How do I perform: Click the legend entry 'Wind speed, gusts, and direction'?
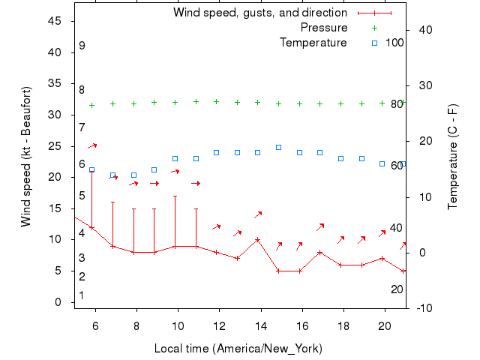(259, 13)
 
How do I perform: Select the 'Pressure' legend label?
(324, 28)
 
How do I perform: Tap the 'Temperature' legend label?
(313, 43)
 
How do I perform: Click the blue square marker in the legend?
(374, 43)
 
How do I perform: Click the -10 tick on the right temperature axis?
(423, 308)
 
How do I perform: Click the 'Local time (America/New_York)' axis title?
(238, 349)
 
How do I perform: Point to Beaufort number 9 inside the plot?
(82, 46)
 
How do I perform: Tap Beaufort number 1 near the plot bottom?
(82, 295)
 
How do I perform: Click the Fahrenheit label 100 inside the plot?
(394, 43)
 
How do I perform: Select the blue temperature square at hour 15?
(278, 147)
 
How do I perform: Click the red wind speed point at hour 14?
(257, 240)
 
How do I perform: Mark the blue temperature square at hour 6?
(92, 169)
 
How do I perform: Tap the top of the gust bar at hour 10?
(175, 196)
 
